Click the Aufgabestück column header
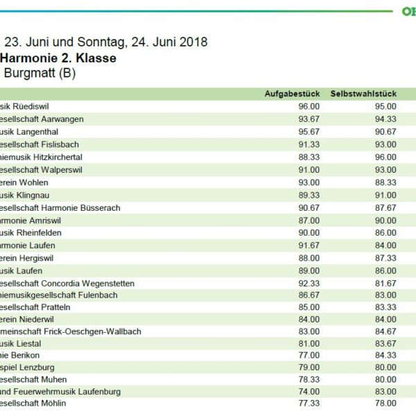click(x=292, y=94)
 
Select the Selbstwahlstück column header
click(x=363, y=94)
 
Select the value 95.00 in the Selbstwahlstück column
click(x=385, y=107)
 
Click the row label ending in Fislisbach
click(x=40, y=144)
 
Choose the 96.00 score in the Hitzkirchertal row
click(x=385, y=157)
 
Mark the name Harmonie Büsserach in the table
click(x=61, y=207)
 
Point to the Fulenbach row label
click(x=59, y=295)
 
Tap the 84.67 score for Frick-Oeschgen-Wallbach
click(x=385, y=331)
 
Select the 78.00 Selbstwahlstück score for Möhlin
click(x=385, y=403)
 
